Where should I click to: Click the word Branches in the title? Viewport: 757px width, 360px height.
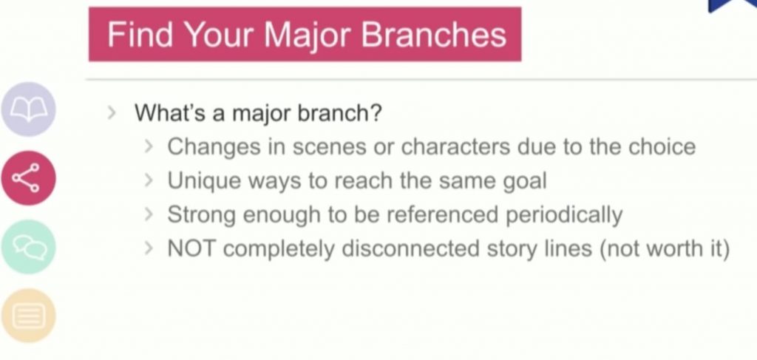pos(433,35)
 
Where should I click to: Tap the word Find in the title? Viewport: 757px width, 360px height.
pos(140,34)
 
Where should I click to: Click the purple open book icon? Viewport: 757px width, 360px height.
pos(29,109)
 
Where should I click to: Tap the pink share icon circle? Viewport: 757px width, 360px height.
pos(29,178)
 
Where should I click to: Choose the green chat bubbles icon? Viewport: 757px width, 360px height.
pos(29,247)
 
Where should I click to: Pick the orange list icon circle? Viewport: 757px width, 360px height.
pos(29,316)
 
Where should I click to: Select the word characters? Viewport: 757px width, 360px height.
pos(455,146)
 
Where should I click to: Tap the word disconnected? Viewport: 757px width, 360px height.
pos(410,249)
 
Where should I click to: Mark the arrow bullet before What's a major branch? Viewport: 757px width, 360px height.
pos(112,113)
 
